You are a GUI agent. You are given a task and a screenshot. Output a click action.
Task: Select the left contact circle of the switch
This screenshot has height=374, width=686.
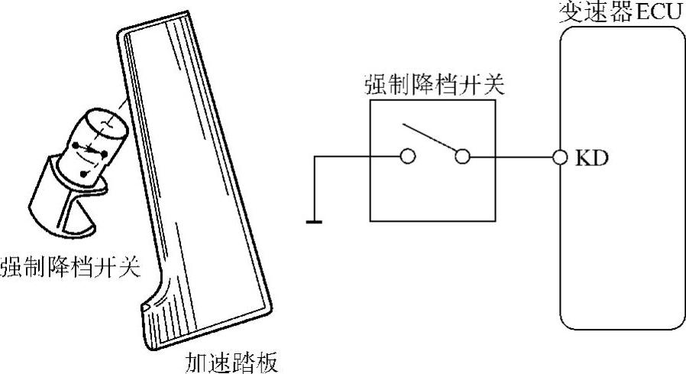point(408,158)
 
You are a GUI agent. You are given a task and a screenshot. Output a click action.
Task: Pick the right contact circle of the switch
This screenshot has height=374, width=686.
point(461,158)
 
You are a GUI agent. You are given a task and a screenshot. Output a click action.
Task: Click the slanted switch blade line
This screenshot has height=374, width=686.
point(433,138)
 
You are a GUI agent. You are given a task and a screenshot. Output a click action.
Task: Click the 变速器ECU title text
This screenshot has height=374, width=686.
point(620,11)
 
